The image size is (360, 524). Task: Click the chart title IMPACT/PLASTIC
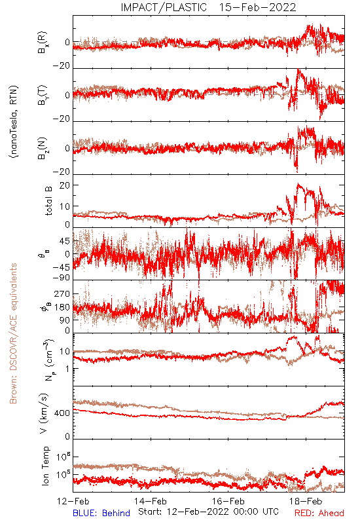[x=164, y=7]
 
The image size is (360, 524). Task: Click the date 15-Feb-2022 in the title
[x=257, y=7]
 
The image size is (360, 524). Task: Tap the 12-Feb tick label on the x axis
[x=73, y=501]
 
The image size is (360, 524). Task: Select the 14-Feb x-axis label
[x=151, y=501]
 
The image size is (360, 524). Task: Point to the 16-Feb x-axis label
[x=228, y=501]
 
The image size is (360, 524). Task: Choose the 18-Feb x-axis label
[x=306, y=501]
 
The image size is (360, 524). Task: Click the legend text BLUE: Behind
[x=101, y=513]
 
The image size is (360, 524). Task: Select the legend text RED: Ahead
[x=319, y=513]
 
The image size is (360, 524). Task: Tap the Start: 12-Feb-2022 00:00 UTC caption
[x=208, y=512]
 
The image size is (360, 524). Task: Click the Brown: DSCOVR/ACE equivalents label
[x=13, y=333]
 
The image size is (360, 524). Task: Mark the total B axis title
[x=48, y=201]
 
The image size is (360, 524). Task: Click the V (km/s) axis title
[x=44, y=413]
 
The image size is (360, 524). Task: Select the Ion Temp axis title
[x=45, y=466]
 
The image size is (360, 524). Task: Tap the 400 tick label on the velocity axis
[x=62, y=413]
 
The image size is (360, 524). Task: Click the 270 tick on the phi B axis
[x=62, y=293]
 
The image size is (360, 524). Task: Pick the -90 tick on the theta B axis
[x=62, y=278]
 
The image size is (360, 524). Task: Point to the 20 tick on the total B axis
[x=65, y=185]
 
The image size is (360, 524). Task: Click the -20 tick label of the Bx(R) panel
[x=62, y=66]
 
